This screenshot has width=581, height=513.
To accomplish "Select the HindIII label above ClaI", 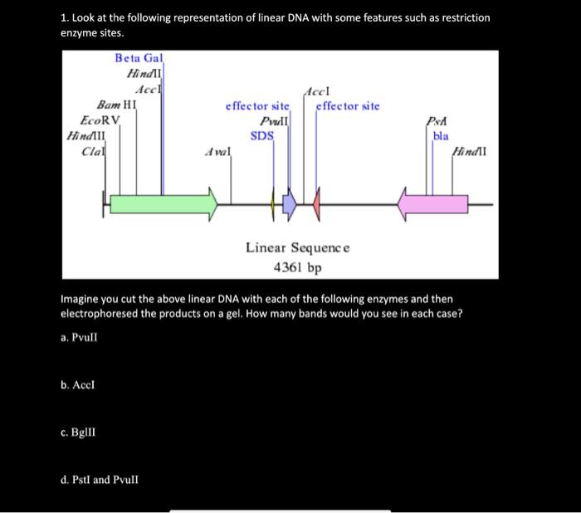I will (x=85, y=135).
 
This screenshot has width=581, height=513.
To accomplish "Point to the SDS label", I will (x=262, y=136).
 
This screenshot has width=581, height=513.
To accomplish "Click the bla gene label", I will (x=441, y=135).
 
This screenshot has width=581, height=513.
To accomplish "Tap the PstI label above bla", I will (x=437, y=121).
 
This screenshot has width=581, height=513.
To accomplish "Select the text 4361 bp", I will (x=297, y=267).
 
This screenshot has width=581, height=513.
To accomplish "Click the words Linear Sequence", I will (x=297, y=247).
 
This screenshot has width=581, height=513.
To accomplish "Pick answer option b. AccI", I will (x=83, y=385).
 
